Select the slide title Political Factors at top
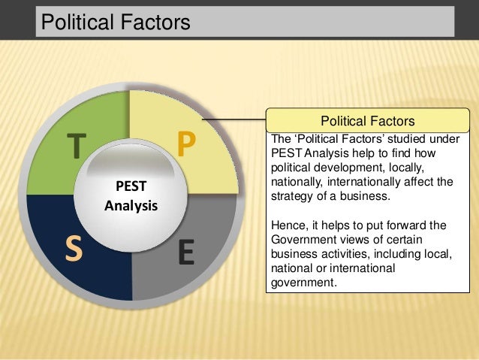tap(116, 23)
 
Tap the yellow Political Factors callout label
tap(367, 121)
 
